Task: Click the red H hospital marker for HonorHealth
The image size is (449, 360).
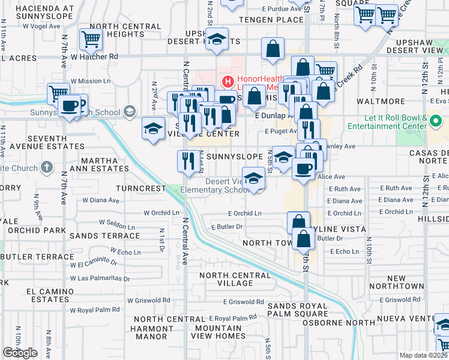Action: (x=228, y=81)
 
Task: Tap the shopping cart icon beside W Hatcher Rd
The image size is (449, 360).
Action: (x=91, y=40)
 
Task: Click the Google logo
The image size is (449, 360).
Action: (x=20, y=353)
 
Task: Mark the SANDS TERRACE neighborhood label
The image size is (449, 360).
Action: (x=104, y=236)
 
